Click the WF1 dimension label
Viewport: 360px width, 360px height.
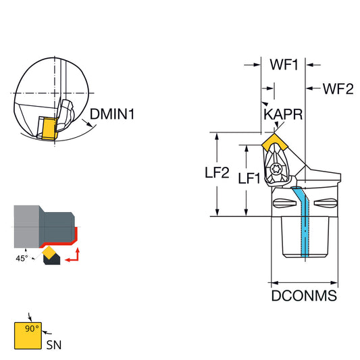pos(284,65)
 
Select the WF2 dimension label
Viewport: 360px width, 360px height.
pos(338,89)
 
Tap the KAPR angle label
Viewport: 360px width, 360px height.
pos(283,114)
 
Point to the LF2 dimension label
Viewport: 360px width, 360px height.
pos(217,172)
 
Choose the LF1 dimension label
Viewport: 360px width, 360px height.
pos(249,178)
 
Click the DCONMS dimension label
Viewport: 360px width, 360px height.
pos(304,295)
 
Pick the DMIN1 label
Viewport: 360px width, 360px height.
pos(112,114)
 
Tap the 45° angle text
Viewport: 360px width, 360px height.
pos(22,258)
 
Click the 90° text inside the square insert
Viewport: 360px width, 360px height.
pos(32,328)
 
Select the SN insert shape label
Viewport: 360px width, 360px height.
pos(54,345)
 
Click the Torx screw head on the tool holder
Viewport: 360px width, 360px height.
pos(276,170)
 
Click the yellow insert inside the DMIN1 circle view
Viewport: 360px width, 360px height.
pos(48,128)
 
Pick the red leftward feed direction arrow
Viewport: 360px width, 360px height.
pos(72,259)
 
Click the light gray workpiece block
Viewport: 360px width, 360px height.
pos(26,227)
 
